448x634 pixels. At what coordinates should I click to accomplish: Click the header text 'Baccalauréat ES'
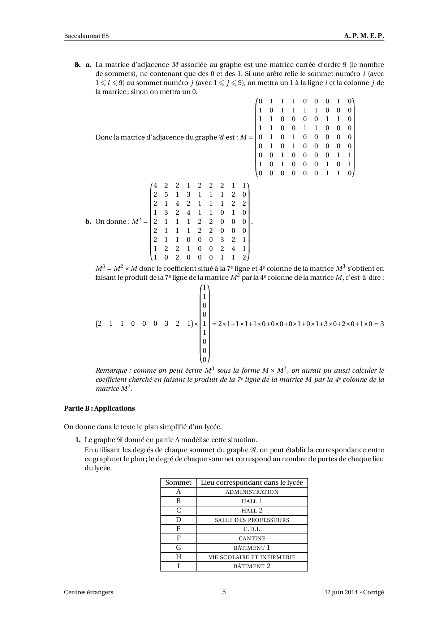click(x=86, y=36)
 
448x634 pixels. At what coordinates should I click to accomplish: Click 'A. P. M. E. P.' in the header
click(x=364, y=36)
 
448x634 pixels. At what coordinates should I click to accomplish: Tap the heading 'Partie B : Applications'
click(x=99, y=408)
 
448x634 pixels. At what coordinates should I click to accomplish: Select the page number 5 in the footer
click(x=224, y=592)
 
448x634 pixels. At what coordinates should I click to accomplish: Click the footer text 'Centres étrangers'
click(x=89, y=592)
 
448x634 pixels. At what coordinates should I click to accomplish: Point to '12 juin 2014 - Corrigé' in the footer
click(x=354, y=592)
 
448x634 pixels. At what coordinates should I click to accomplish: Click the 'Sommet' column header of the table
click(x=178, y=483)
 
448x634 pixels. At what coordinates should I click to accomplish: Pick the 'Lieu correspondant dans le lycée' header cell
click(x=252, y=483)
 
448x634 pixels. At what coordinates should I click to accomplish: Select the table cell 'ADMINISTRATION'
click(x=252, y=492)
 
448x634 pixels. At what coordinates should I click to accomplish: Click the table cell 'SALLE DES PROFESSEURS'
click(x=252, y=520)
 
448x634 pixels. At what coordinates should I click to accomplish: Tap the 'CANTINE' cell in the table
click(x=252, y=539)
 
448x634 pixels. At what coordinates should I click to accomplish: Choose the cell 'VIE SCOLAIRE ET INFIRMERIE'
click(x=252, y=557)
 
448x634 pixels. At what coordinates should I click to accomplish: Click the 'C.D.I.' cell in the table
click(x=252, y=529)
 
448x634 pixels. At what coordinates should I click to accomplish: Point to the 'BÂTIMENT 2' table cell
click(x=252, y=566)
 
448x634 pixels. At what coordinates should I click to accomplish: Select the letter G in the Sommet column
click(x=178, y=548)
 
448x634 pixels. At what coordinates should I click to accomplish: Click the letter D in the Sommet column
click(x=178, y=520)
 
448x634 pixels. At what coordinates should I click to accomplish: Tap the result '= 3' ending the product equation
click(x=379, y=324)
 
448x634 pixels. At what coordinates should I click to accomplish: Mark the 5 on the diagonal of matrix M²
click(x=166, y=194)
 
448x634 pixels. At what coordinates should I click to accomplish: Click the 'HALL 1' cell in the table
click(x=252, y=501)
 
